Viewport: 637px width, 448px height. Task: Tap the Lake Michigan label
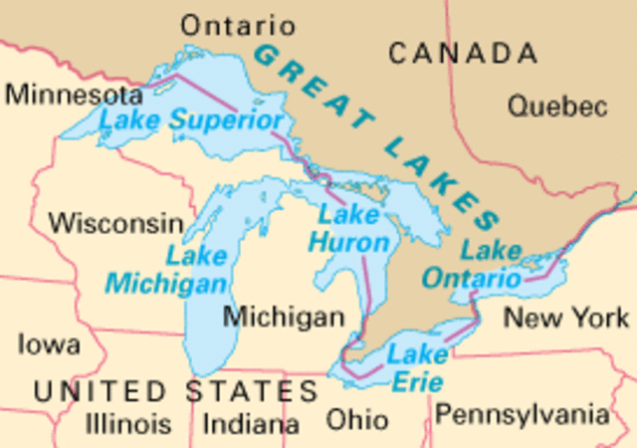pyautogui.click(x=167, y=270)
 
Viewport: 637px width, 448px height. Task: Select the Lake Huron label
pyautogui.click(x=348, y=228)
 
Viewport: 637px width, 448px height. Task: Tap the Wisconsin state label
pyautogui.click(x=116, y=223)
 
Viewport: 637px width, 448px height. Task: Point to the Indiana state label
pyautogui.click(x=251, y=423)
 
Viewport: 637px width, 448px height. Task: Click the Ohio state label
pyautogui.click(x=358, y=417)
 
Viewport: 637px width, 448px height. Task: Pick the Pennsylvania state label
pyautogui.click(x=522, y=412)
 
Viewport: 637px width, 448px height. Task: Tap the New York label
pyautogui.click(x=566, y=318)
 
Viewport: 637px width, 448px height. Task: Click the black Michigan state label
pyautogui.click(x=284, y=318)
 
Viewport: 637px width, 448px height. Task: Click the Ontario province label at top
pyautogui.click(x=238, y=26)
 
